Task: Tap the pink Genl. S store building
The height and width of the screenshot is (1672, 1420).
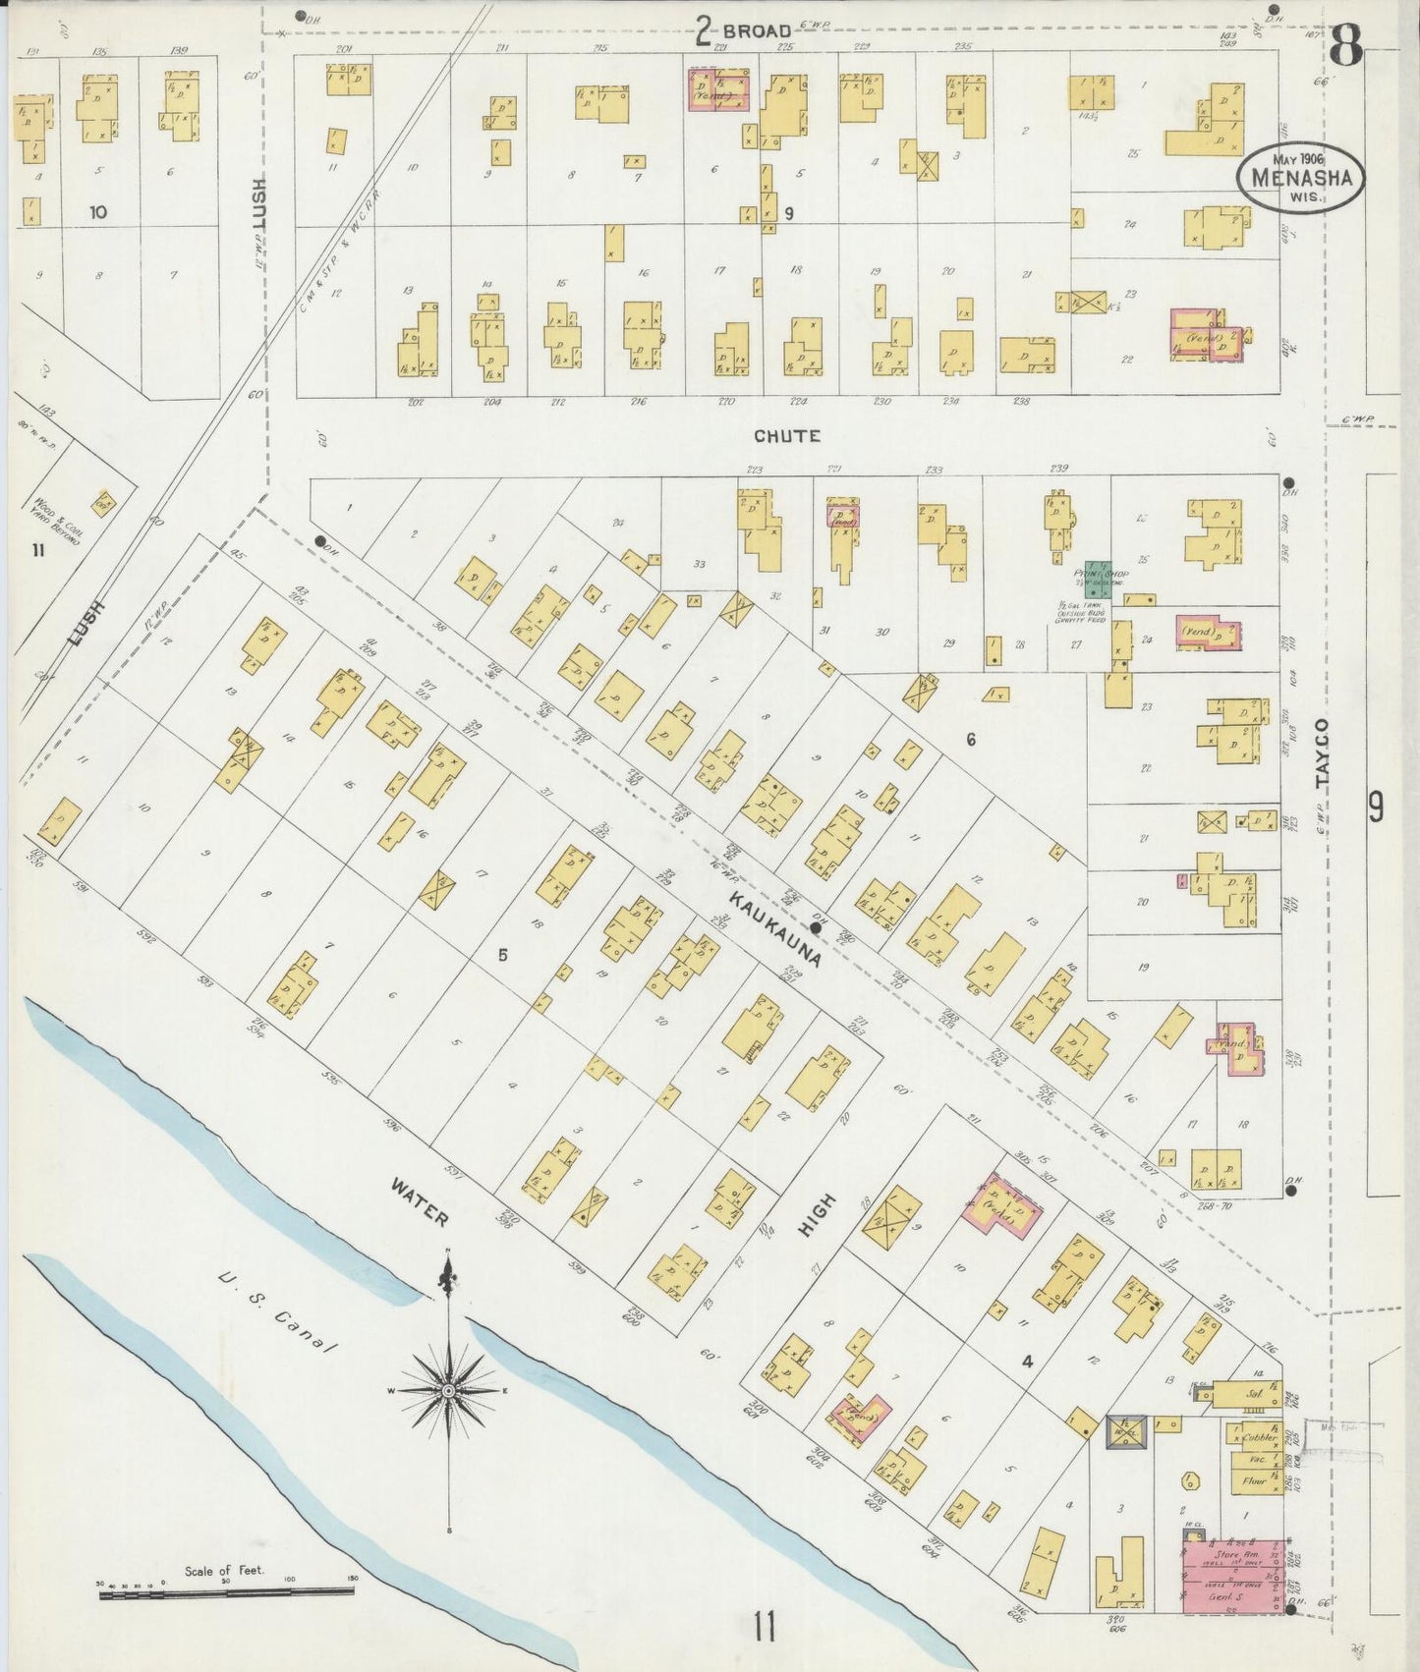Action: point(1232,1576)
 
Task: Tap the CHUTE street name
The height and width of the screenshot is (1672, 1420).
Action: point(787,435)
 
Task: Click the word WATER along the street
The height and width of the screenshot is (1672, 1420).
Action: point(420,1203)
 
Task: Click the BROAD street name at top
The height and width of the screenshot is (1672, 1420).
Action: point(756,31)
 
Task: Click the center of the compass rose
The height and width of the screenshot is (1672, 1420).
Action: point(448,1391)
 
